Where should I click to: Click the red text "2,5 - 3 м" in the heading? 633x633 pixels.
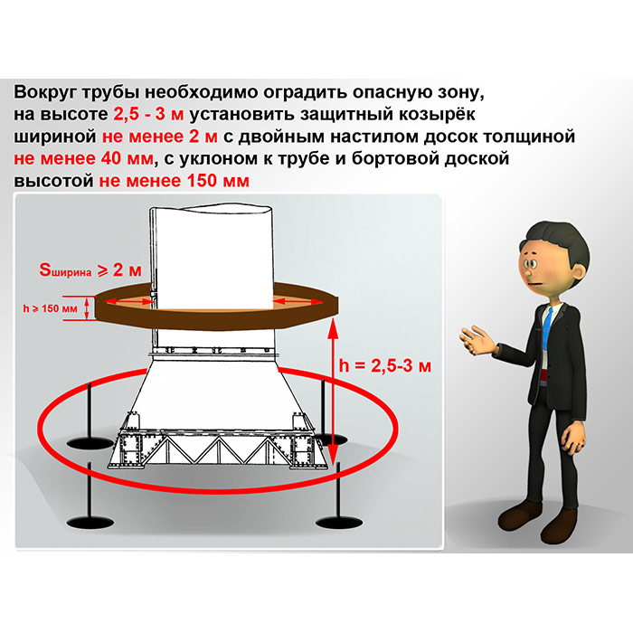[x=148, y=114]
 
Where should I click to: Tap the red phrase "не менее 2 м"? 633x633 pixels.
[x=159, y=137]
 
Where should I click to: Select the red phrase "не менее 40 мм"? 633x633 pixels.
[x=83, y=158]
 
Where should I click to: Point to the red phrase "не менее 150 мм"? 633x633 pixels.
[x=174, y=181]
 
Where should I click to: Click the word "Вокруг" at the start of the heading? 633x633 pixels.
[x=45, y=92]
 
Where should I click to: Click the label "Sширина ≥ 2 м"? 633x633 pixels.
[x=90, y=270]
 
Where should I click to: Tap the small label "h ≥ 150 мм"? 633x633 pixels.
[x=50, y=309]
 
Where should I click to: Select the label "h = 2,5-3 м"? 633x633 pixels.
[x=385, y=365]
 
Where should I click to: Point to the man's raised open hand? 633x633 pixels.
[x=477, y=340]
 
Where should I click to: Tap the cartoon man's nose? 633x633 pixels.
[x=527, y=272]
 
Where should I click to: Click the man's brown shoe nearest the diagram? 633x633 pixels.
[x=519, y=516]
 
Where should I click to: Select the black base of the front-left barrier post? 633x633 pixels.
[x=90, y=523]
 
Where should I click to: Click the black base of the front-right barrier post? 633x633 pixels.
[x=339, y=523]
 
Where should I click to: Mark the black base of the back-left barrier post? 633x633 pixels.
[x=90, y=443]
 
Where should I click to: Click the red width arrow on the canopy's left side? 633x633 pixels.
[x=130, y=301]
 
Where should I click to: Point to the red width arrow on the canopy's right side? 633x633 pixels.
[x=298, y=301]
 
